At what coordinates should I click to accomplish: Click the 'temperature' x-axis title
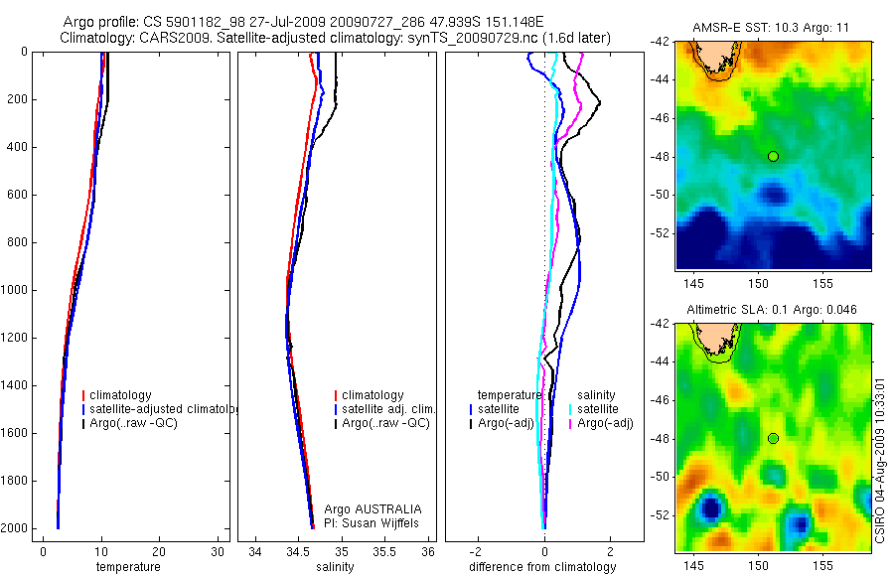pyautogui.click(x=127, y=567)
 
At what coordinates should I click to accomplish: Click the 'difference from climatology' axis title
pyautogui.click(x=542, y=567)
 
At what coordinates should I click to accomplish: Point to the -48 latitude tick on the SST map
pyautogui.click(x=660, y=156)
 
